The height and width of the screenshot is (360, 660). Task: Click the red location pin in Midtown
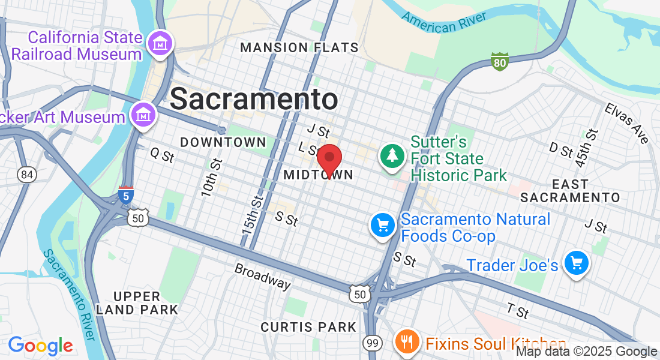coord(329,159)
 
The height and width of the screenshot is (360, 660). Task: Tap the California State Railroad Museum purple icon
coord(161,43)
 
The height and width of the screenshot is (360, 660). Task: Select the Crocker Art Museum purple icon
coord(143,114)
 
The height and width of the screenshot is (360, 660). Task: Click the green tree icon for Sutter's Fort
coord(392,155)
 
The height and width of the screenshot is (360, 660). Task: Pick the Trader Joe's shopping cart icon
coord(577,263)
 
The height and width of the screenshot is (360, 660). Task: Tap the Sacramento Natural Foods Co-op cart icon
coord(382,226)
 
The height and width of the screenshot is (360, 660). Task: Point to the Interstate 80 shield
coord(499,61)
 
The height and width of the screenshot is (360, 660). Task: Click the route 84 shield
coord(27,175)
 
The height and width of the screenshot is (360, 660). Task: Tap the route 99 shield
coord(372,343)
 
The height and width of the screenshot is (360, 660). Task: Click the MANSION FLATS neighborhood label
coord(299,47)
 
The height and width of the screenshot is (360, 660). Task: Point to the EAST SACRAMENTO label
coord(570,190)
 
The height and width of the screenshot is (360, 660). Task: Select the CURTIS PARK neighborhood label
coord(308,327)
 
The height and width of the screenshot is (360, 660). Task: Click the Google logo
coord(40,346)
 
